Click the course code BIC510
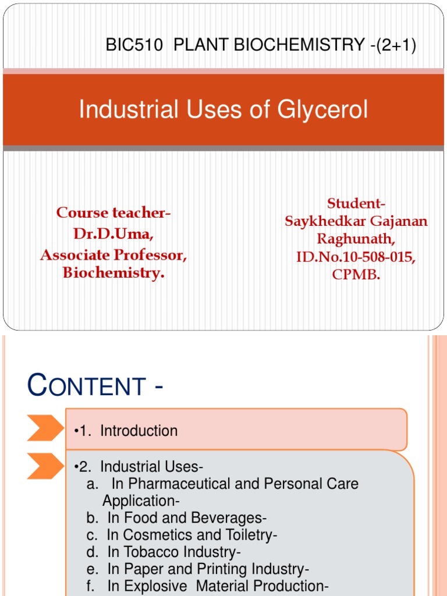click(x=134, y=45)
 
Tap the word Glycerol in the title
click(x=324, y=109)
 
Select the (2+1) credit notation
click(x=396, y=45)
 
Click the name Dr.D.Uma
click(x=113, y=234)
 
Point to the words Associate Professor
click(x=113, y=254)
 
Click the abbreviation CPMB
click(x=356, y=275)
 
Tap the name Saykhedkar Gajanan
click(x=356, y=221)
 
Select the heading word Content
click(x=87, y=386)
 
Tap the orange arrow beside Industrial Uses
click(x=45, y=466)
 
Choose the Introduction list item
click(x=139, y=431)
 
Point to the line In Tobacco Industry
click(x=173, y=551)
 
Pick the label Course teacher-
click(x=113, y=213)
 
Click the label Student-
click(x=356, y=204)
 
